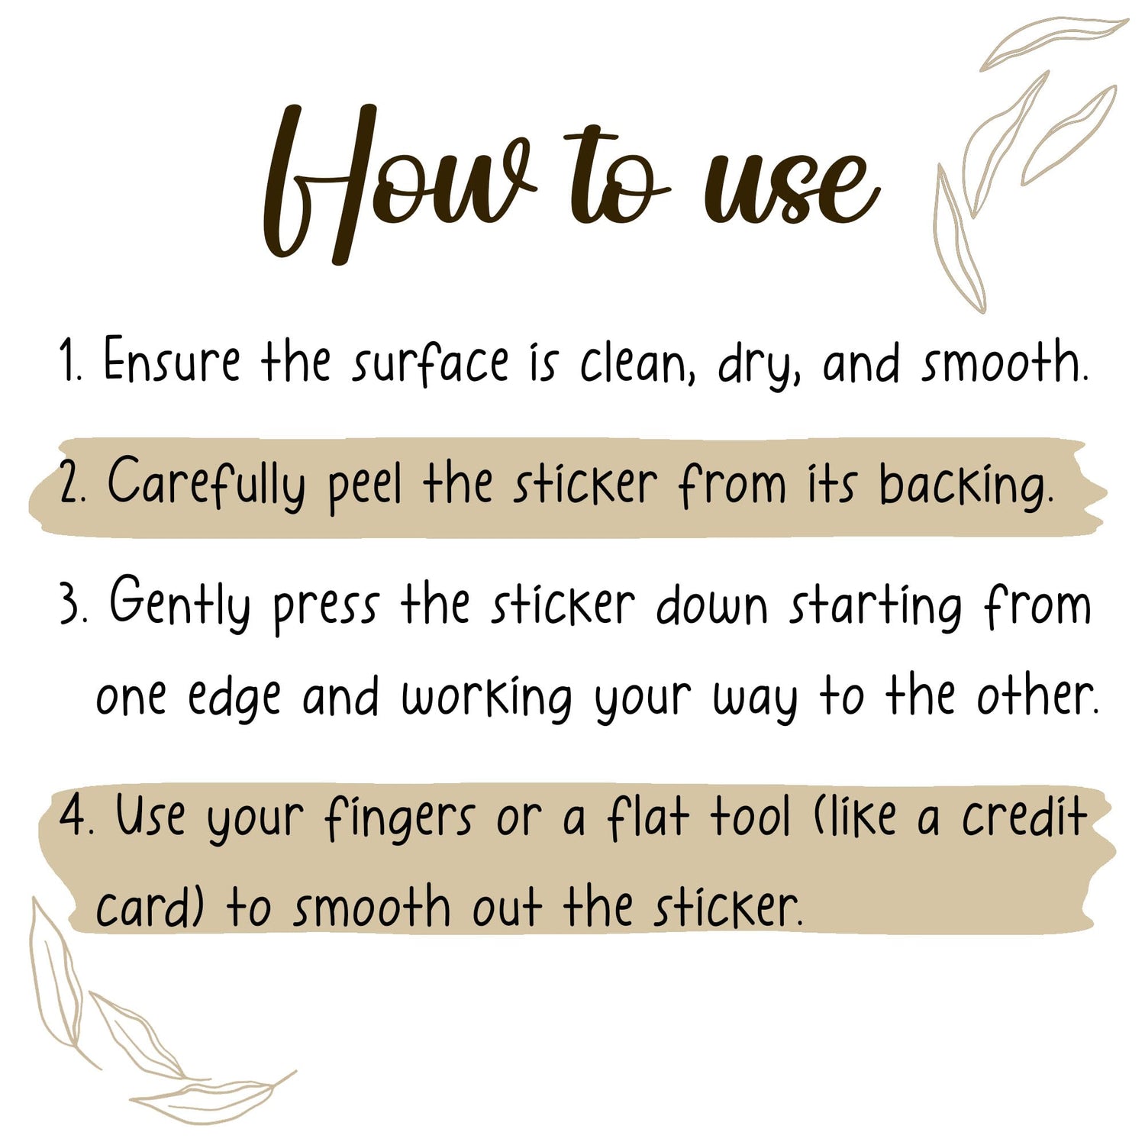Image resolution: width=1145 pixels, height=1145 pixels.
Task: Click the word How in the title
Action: (x=397, y=183)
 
